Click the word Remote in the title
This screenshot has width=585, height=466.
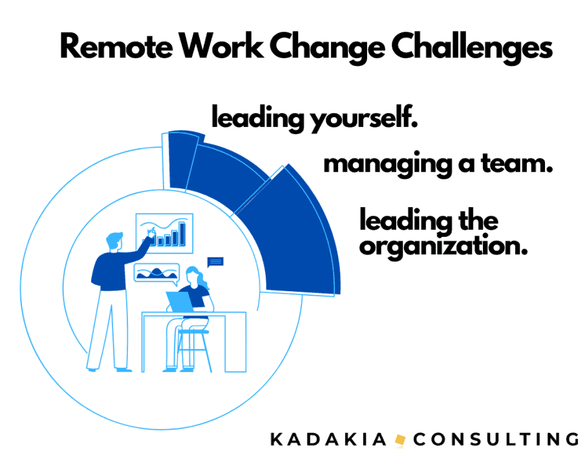[x=116, y=47]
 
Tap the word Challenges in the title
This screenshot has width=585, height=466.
[x=472, y=48]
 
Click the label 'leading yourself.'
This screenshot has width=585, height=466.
[x=315, y=117]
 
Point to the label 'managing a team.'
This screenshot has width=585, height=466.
[x=438, y=164]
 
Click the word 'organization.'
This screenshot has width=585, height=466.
[x=443, y=247]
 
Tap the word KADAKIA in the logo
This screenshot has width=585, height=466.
[x=328, y=439]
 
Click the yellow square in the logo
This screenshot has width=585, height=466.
[x=400, y=439]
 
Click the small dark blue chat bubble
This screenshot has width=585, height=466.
[x=215, y=262]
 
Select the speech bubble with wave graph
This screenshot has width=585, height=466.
[x=156, y=274]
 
